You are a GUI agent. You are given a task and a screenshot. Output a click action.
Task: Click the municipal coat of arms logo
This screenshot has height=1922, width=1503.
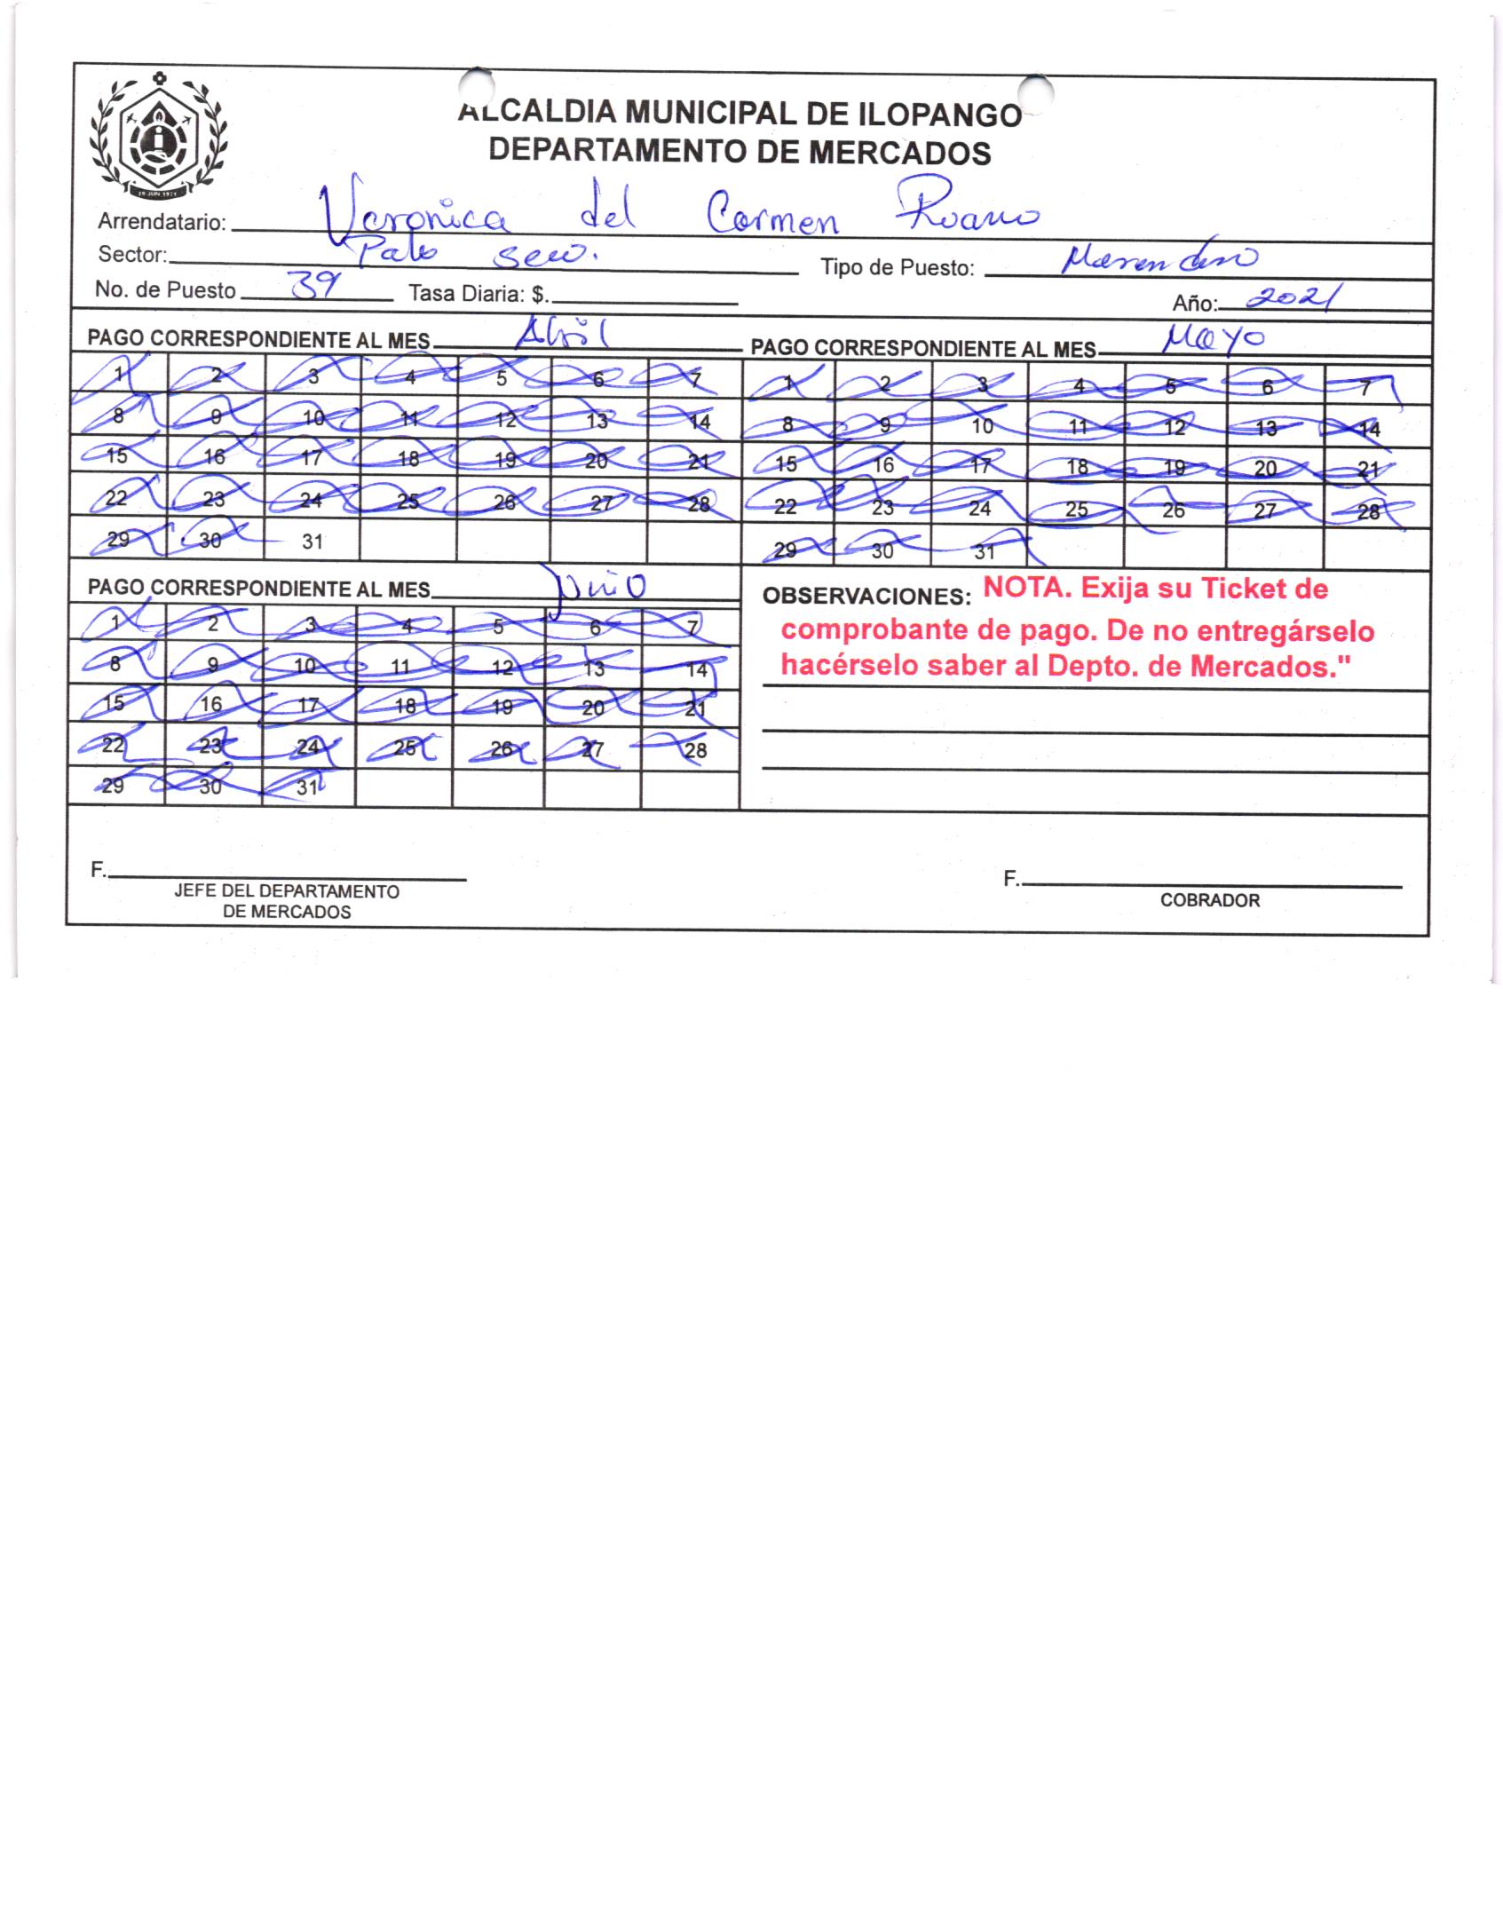click(157, 138)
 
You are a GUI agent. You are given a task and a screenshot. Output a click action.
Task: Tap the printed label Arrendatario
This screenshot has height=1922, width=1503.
click(162, 222)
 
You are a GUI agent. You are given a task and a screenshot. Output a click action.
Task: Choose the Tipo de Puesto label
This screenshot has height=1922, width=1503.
click(898, 268)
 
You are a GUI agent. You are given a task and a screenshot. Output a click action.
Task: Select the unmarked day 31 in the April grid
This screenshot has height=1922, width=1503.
click(312, 542)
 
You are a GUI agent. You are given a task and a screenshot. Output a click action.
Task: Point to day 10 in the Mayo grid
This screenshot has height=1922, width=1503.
click(982, 426)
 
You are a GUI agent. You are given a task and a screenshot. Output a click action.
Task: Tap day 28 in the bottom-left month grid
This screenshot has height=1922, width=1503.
click(696, 751)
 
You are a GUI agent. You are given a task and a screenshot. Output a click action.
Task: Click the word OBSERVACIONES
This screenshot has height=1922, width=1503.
click(860, 597)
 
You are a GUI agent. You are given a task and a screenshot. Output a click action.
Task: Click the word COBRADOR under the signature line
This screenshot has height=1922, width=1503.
click(1209, 901)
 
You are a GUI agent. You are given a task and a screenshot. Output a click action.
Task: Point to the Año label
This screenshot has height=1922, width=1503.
click(1191, 304)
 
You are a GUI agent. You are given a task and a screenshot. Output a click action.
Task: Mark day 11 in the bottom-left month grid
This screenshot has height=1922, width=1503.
click(401, 667)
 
